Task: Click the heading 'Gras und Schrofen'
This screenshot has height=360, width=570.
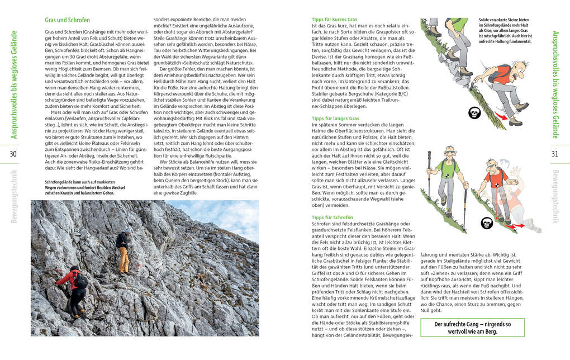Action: point(67,20)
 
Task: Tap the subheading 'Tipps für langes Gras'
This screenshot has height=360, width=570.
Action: point(335,119)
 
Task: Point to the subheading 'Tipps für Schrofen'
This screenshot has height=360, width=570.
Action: point(332,217)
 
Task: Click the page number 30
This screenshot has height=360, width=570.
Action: point(13,154)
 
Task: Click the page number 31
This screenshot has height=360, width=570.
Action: point(554,154)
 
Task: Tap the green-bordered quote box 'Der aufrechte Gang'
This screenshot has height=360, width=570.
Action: point(472,327)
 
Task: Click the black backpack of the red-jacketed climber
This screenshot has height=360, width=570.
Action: point(82,281)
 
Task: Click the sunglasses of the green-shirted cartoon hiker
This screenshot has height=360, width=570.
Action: point(450,152)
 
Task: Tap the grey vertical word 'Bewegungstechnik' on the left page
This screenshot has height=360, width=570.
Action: point(14,196)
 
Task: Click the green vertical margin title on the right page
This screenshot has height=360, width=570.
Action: point(555,84)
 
